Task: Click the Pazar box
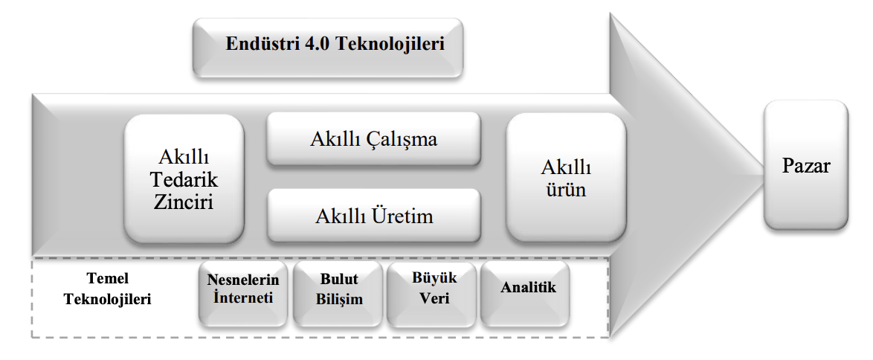(805, 164)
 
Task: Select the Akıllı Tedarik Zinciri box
(184, 179)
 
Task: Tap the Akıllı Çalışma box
(373, 139)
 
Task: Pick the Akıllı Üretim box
(373, 216)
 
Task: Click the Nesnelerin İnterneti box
(243, 292)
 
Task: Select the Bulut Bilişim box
(339, 292)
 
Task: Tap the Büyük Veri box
(434, 291)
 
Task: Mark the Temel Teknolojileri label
(108, 289)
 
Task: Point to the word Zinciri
(184, 202)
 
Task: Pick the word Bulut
(339, 280)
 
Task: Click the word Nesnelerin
(243, 280)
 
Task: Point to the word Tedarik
(184, 179)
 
